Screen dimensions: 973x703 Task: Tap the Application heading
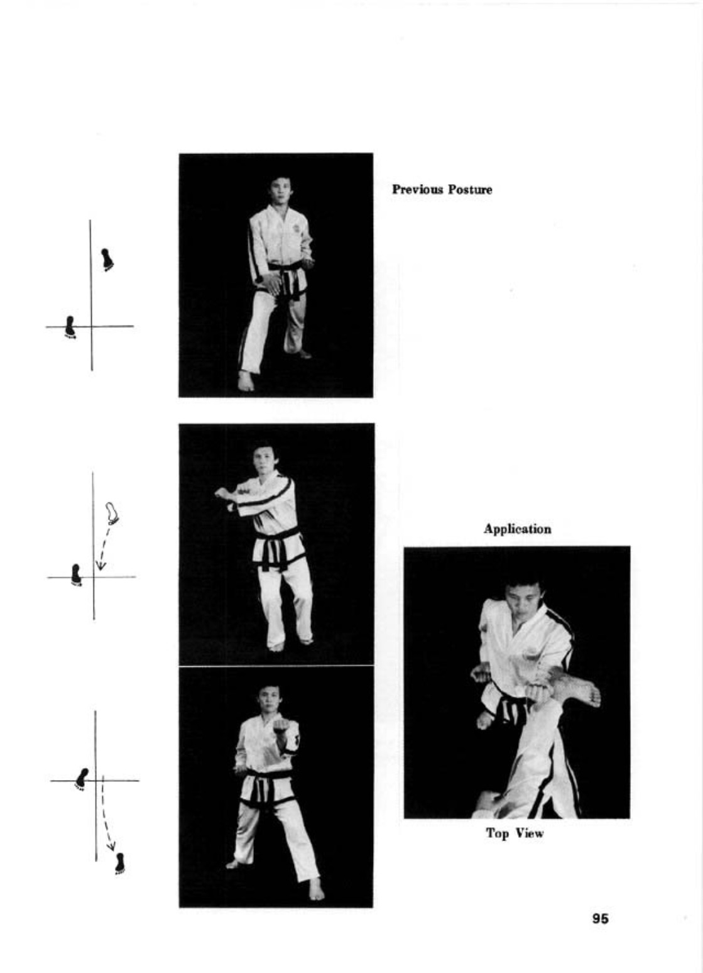tap(517, 529)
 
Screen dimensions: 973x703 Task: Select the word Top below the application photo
tap(496, 833)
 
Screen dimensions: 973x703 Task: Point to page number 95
tap(600, 918)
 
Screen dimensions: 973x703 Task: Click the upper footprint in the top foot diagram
tap(107, 260)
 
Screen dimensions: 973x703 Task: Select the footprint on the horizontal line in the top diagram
tap(70, 327)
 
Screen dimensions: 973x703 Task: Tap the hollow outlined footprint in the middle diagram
tap(112, 513)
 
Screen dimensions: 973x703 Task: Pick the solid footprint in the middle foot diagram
tap(76, 574)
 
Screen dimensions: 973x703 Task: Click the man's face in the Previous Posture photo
tap(278, 190)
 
